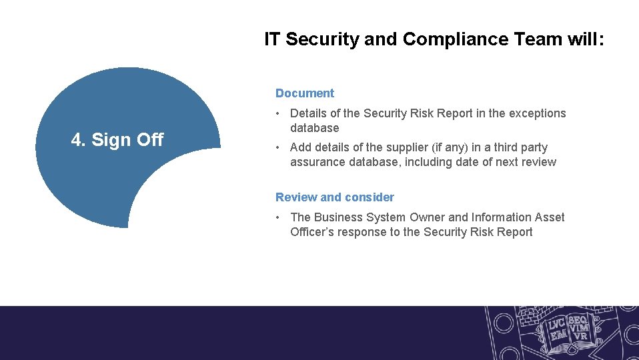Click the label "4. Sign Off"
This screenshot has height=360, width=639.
point(117,140)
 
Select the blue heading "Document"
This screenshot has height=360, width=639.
point(305,93)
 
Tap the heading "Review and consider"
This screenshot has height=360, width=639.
point(334,197)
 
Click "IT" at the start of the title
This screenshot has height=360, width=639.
point(272,39)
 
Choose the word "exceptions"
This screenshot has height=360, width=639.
point(537,113)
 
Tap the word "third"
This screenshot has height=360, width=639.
point(494,147)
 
